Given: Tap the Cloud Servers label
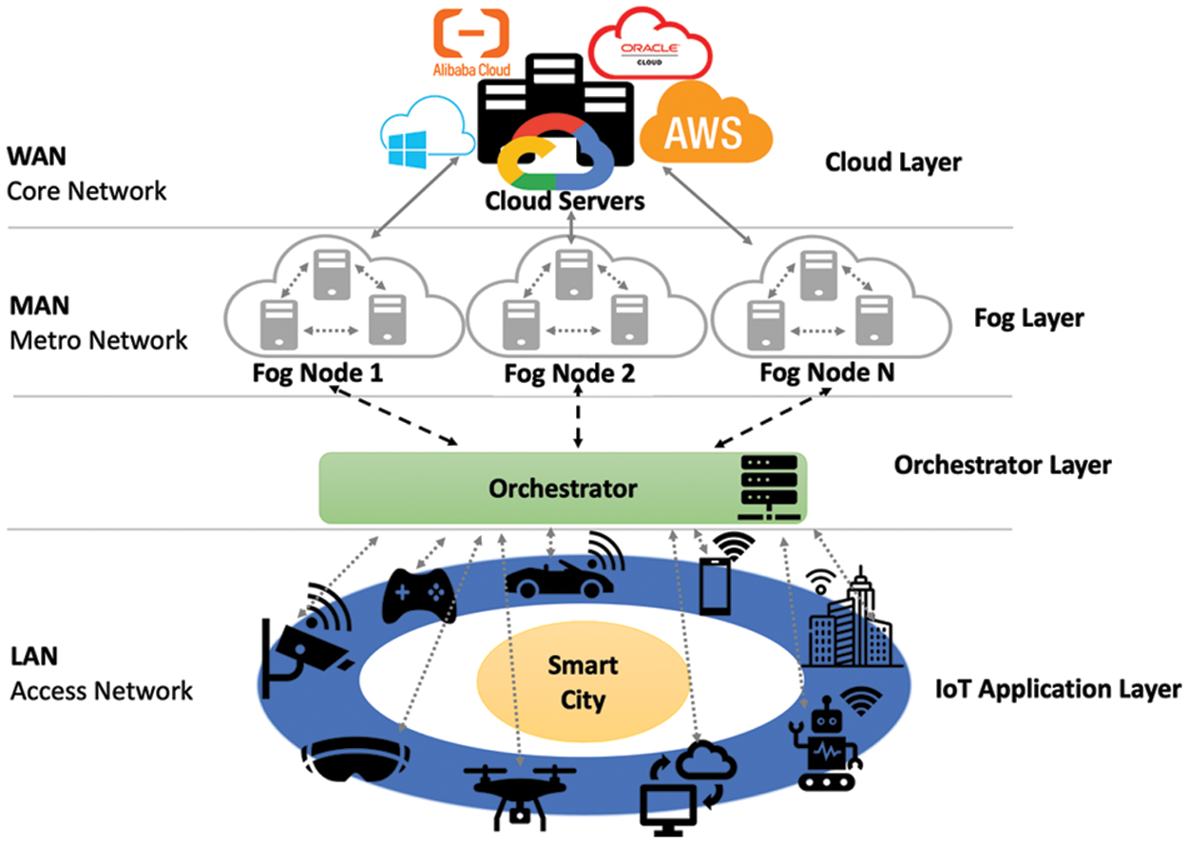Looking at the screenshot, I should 565,201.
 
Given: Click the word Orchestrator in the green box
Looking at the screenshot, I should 563,489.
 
